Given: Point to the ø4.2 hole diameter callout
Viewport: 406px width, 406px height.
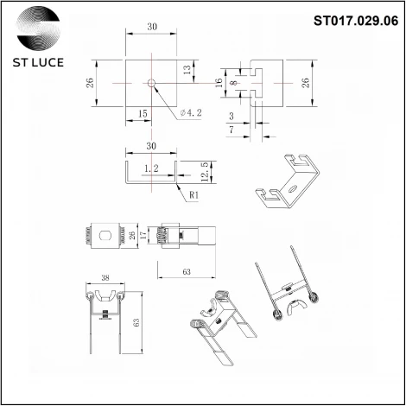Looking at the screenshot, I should (x=192, y=112).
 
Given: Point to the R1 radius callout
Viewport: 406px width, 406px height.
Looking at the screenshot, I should (x=195, y=194).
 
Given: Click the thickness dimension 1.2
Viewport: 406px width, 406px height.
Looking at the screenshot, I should (x=152, y=168).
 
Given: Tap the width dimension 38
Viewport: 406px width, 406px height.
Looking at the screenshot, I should (x=105, y=278).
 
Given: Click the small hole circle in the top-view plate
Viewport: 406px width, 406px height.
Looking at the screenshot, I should (x=152, y=83).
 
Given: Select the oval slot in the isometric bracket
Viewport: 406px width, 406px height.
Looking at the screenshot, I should (x=291, y=184).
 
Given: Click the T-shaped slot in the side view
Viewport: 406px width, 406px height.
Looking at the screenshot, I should (x=256, y=83).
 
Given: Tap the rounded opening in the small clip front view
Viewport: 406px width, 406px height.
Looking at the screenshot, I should (x=105, y=235).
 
